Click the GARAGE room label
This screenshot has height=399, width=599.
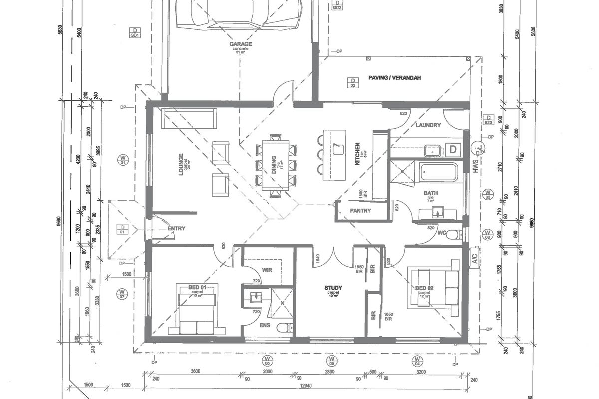(x=240, y=44)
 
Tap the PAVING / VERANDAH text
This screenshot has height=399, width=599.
(x=395, y=78)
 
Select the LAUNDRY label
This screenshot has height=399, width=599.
(x=428, y=125)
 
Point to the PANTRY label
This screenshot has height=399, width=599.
(x=360, y=211)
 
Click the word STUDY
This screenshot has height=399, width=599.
(x=333, y=288)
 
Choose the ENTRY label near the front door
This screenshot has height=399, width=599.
(x=176, y=229)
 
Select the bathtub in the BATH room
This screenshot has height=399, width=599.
(x=438, y=173)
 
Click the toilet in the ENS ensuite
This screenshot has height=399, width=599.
(x=283, y=328)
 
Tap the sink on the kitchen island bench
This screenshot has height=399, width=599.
(x=339, y=148)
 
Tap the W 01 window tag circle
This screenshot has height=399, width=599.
(x=122, y=160)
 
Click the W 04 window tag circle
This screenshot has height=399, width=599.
(x=417, y=360)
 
